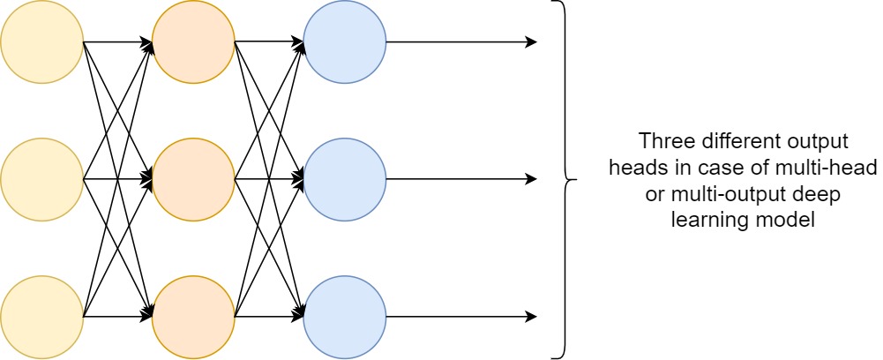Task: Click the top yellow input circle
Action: coord(41,41)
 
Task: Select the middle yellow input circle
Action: coord(41,179)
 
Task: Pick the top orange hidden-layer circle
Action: coord(193,41)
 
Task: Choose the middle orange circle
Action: coord(193,179)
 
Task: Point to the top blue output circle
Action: coord(345,41)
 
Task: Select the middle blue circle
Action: coord(345,179)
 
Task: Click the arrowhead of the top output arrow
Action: coord(532,41)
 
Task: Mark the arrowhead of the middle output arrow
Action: coord(532,179)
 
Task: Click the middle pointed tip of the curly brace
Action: coord(575,179)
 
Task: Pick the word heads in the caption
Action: coord(629,169)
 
